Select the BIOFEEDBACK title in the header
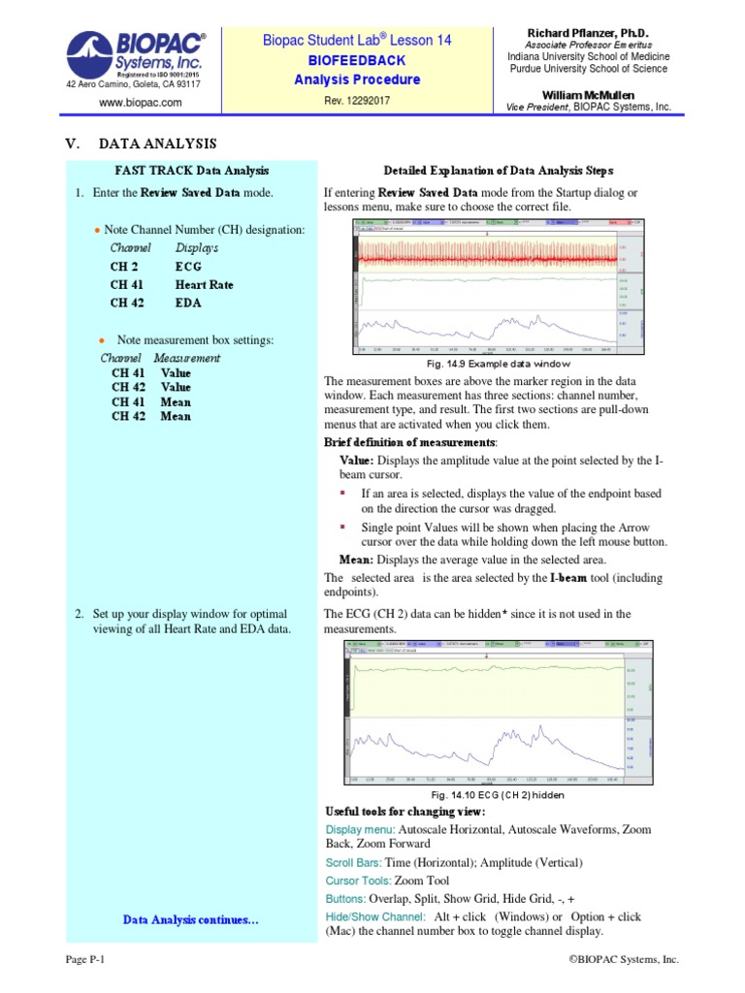click(357, 60)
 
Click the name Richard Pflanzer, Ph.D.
click(596, 33)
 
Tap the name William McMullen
click(596, 93)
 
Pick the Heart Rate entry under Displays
click(204, 285)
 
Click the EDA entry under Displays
click(188, 303)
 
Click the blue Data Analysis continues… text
click(191, 918)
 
